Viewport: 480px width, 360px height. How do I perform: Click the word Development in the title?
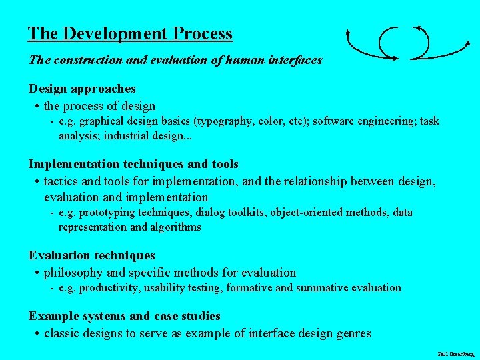(x=109, y=34)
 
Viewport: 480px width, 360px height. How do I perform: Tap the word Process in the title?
(x=202, y=34)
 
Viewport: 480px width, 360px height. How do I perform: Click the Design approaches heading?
(x=82, y=89)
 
